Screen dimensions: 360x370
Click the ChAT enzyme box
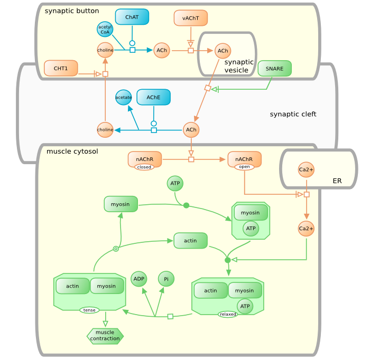[132, 17]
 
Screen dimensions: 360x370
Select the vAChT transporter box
[190, 18]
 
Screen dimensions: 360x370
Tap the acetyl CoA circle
[105, 30]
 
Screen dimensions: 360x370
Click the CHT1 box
[61, 68]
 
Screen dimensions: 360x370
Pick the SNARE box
[274, 69]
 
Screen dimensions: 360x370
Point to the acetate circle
[124, 97]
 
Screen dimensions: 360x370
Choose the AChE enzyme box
[153, 97]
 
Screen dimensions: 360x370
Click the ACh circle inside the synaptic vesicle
[223, 51]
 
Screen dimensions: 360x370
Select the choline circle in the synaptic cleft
[105, 129]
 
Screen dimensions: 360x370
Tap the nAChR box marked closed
[144, 159]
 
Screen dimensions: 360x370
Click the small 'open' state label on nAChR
[244, 167]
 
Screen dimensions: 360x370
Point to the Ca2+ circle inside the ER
[306, 169]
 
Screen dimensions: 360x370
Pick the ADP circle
[138, 278]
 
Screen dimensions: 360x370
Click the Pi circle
[166, 279]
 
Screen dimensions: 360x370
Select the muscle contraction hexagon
[105, 336]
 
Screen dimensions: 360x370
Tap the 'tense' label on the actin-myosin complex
[89, 310]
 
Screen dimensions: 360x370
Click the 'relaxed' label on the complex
[228, 314]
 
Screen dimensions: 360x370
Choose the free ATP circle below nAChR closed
[175, 184]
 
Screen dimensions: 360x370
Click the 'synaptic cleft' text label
[293, 114]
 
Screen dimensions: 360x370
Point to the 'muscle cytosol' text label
[72, 151]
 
